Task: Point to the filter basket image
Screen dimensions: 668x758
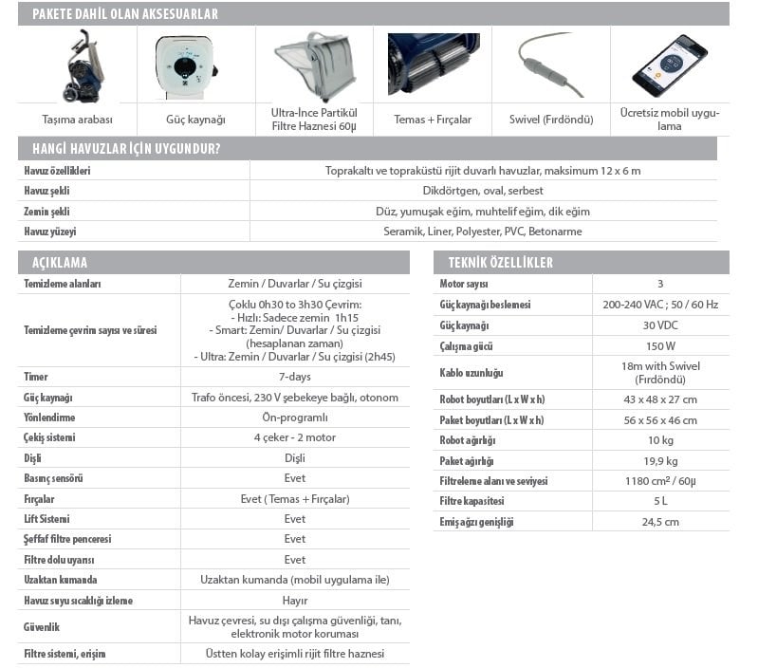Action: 314,65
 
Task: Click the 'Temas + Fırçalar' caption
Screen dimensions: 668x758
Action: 433,120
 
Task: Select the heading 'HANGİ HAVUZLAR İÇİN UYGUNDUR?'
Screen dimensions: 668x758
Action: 127,149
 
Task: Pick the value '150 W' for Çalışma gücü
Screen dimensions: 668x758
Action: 660,345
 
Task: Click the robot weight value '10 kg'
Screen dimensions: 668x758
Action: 660,440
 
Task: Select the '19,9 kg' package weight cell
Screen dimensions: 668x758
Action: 660,461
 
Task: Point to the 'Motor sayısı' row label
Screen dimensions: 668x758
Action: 464,284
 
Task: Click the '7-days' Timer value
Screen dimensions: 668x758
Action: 295,377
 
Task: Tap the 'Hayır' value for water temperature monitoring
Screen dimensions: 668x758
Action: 295,601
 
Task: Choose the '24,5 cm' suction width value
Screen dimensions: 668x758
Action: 660,522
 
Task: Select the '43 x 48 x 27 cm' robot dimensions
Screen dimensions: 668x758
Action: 660,399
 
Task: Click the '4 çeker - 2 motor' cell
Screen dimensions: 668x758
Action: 295,437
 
